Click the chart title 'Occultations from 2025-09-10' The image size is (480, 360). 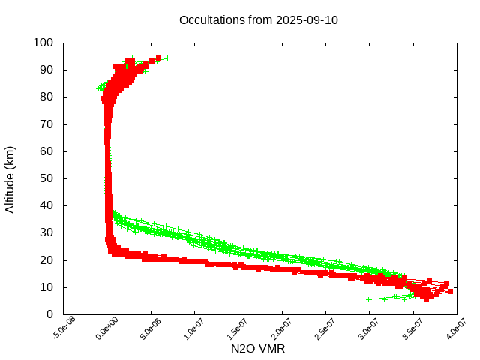point(259,19)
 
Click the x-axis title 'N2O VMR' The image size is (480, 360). point(258,349)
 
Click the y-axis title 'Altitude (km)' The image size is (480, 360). point(10,178)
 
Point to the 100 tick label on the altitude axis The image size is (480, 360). point(43,43)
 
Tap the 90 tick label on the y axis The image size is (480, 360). point(46,70)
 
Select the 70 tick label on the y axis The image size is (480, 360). point(46,124)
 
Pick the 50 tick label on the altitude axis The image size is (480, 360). point(46,178)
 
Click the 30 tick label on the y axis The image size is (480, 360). point(46,232)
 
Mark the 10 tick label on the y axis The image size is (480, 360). point(46,287)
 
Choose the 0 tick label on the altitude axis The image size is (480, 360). point(49,314)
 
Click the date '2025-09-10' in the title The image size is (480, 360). point(307,19)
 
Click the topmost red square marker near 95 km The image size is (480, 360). point(158,58)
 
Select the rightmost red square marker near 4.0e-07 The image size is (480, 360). point(450,291)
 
